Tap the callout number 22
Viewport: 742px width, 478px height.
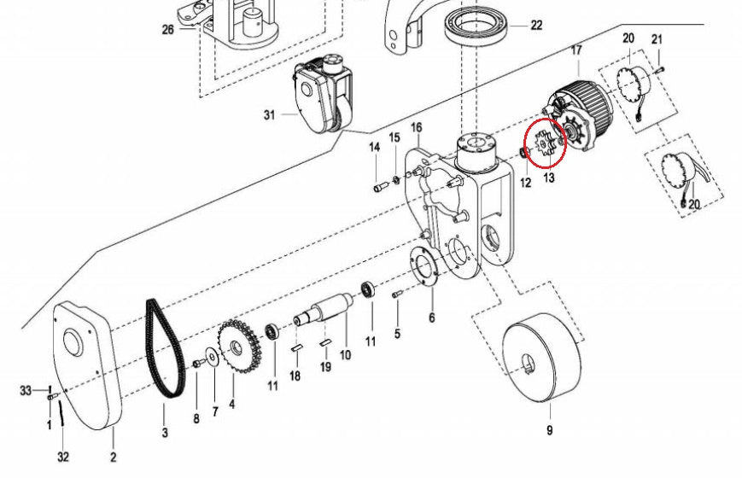click(536, 25)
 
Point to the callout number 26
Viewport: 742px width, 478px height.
click(167, 29)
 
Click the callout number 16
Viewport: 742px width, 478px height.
click(417, 128)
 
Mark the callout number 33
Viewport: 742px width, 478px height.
click(26, 390)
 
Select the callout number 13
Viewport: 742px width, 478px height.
click(548, 178)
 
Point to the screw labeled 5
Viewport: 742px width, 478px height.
click(396, 294)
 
